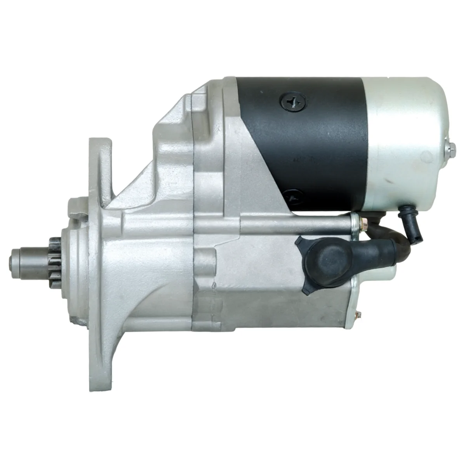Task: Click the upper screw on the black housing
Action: (289, 103)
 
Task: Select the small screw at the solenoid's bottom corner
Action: (358, 317)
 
